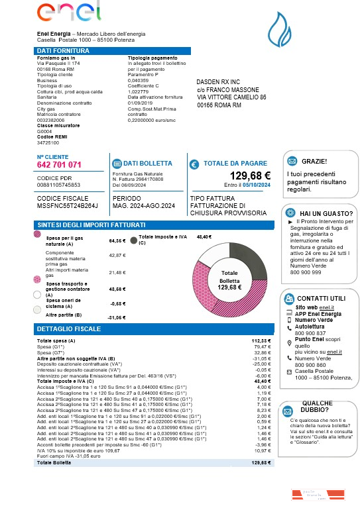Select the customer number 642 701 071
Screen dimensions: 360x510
60,165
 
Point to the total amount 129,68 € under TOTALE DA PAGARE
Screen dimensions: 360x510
250,176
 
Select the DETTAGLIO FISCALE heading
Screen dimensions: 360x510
69,329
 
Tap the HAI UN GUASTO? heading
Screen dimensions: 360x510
324,212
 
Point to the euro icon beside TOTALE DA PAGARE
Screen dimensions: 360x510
194,164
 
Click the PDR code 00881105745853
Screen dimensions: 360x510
59,185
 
